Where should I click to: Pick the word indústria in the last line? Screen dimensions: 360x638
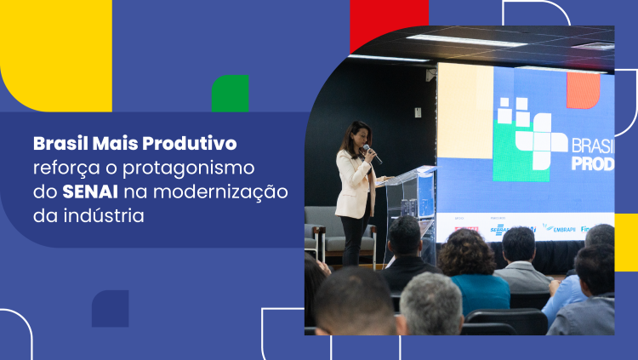point(99,215)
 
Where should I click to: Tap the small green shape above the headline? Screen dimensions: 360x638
point(230,94)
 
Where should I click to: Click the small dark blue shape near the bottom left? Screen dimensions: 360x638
point(111,308)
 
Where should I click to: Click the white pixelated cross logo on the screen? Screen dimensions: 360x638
point(532,132)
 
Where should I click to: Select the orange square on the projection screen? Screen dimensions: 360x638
point(584,90)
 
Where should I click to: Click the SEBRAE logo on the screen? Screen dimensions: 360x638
point(500,229)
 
